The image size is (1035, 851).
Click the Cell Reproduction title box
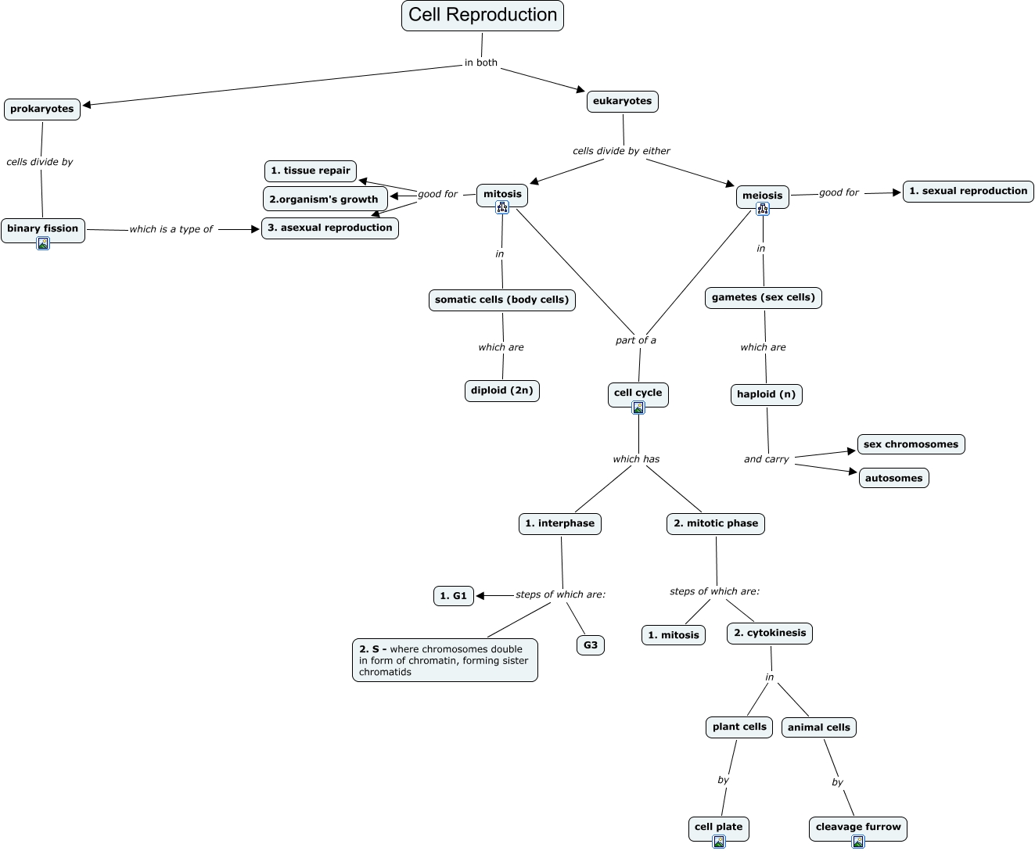(x=483, y=16)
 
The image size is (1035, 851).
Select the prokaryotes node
(x=42, y=110)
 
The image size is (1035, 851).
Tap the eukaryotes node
(x=623, y=102)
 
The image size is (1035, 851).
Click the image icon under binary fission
(x=43, y=243)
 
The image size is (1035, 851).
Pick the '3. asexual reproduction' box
(x=330, y=228)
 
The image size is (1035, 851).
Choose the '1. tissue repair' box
(x=311, y=171)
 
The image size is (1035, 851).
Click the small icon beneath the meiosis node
(x=763, y=209)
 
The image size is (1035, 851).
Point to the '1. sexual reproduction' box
(x=968, y=192)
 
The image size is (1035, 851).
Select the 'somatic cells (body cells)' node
(x=502, y=300)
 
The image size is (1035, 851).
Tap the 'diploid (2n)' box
(x=502, y=391)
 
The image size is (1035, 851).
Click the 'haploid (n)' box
(x=767, y=395)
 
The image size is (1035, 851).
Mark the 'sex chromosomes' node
(x=911, y=445)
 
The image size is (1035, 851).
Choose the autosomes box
(x=893, y=479)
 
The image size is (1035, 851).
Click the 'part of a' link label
(x=636, y=341)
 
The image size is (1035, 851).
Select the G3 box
(x=591, y=646)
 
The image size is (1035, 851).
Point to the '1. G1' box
(x=454, y=597)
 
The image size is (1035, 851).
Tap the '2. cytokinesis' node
(x=770, y=634)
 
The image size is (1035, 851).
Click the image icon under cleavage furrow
(x=858, y=842)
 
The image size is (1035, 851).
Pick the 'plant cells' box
(x=739, y=727)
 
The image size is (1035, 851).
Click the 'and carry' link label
(x=767, y=460)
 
